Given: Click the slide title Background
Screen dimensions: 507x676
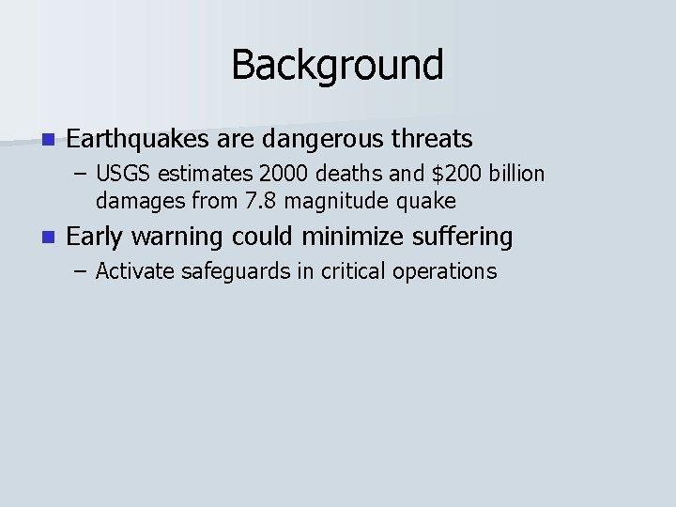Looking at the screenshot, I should [337, 66].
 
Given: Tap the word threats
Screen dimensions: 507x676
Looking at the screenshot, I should [433, 140].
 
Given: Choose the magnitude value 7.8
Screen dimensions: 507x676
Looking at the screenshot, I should [255, 201].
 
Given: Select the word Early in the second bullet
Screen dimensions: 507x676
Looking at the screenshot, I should [95, 238].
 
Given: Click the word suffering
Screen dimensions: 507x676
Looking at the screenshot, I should [464, 238].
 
